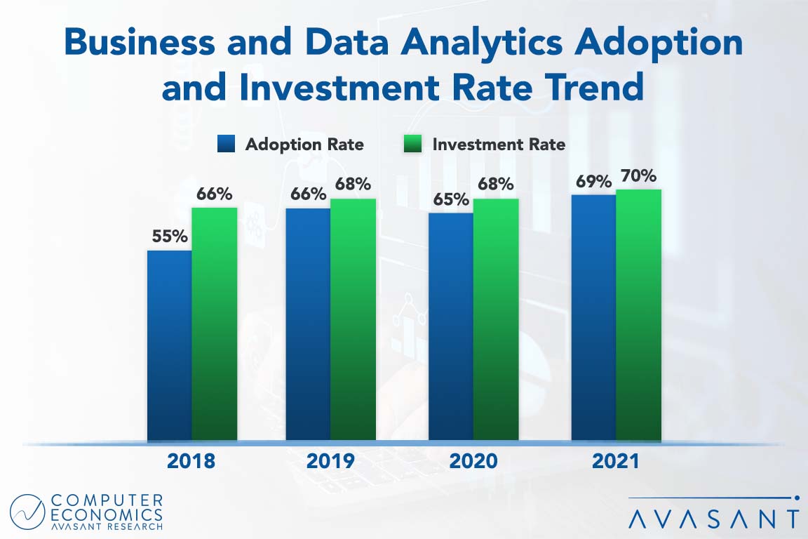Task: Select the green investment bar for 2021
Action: point(638,315)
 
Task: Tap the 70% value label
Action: point(638,175)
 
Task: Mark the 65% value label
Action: point(450,199)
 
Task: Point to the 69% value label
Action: point(593,181)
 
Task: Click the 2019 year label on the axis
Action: point(330,461)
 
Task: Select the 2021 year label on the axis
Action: point(615,461)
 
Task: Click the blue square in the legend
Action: point(227,145)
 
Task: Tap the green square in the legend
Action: point(415,145)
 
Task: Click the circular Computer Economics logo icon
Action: point(27,512)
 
